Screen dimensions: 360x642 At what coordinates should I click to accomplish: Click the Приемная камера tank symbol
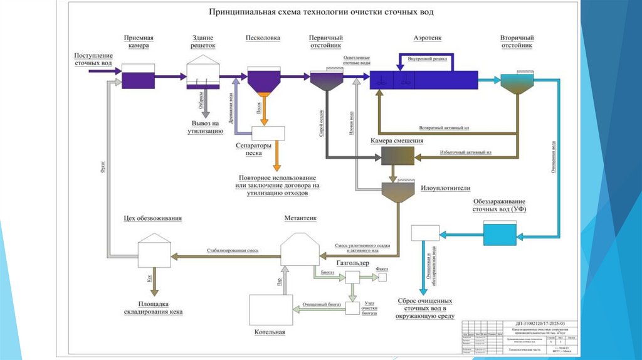click(138, 78)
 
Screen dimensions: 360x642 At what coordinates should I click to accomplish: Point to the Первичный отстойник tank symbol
click(327, 80)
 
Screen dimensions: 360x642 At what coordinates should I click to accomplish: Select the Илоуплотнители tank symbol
click(396, 191)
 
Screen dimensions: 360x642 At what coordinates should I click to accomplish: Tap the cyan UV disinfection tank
click(500, 235)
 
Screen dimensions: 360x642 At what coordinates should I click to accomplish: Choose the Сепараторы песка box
click(268, 133)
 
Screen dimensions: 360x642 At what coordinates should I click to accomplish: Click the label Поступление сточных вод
click(93, 60)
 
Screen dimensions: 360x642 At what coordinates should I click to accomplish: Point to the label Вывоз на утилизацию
click(203, 127)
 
